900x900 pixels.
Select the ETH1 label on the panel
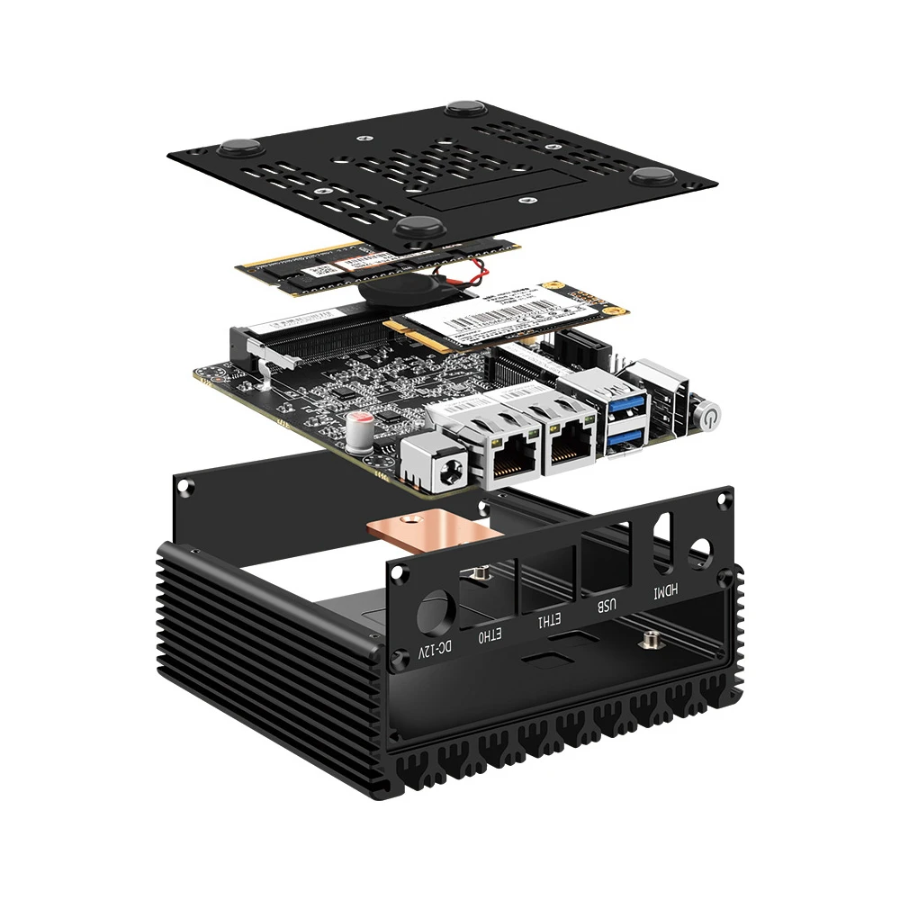(548, 620)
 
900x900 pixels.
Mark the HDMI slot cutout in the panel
(663, 543)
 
